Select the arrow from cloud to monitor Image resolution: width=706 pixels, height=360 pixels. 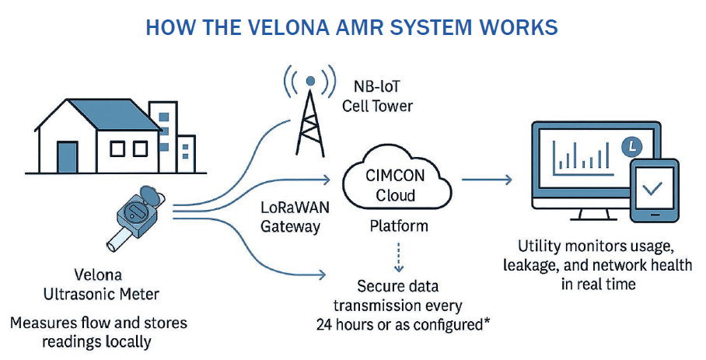pyautogui.click(x=487, y=180)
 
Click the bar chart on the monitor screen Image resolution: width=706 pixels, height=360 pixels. pyautogui.click(x=580, y=155)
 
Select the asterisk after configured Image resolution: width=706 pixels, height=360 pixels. pyautogui.click(x=486, y=320)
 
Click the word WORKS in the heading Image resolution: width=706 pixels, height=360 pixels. pyautogui.click(x=520, y=27)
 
